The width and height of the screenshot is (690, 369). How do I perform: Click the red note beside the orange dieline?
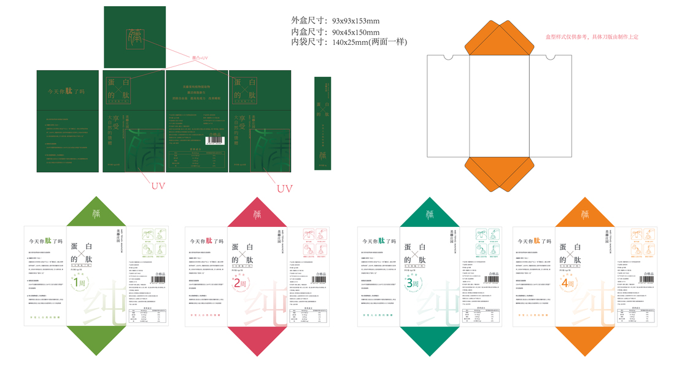pos(592,37)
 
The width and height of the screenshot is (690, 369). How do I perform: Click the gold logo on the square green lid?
pos(134,38)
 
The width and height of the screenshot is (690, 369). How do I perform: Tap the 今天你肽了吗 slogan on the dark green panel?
pos(67,92)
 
